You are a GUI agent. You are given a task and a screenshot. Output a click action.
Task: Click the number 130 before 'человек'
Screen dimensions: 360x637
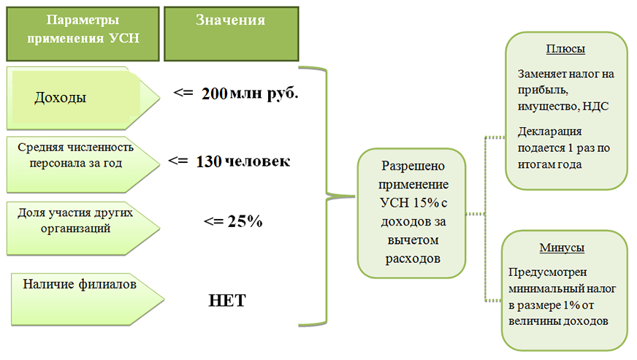(x=208, y=161)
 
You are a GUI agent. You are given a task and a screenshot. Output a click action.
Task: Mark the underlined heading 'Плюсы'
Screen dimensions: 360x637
(x=565, y=50)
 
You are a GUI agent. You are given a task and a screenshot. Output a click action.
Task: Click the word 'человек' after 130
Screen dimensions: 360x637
(x=258, y=161)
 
